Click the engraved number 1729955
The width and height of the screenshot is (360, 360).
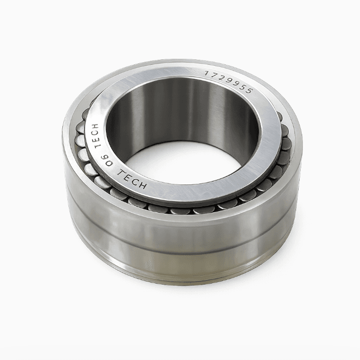229,82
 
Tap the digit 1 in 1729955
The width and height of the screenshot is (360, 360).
207,73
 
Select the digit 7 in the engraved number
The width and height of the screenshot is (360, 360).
213,75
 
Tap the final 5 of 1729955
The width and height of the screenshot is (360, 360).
249,91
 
